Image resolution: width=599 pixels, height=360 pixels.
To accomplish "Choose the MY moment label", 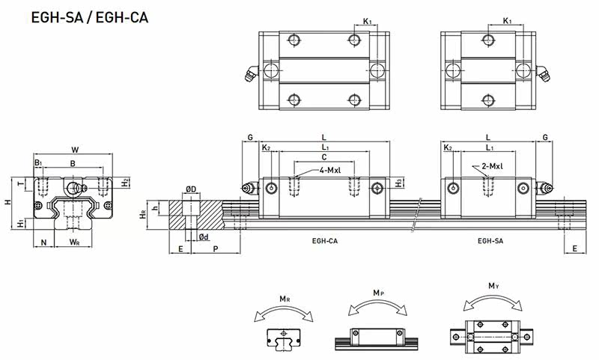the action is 493,285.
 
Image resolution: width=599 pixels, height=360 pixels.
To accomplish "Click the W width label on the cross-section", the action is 73,149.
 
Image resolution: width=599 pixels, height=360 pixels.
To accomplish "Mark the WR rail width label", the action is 74,242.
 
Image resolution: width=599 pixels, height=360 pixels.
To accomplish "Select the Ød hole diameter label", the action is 203,237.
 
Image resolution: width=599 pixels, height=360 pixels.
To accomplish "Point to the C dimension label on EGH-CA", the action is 323,158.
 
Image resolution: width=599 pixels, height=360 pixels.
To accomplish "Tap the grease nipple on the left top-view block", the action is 248,73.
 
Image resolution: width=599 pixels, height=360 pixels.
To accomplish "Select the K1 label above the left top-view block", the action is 368,22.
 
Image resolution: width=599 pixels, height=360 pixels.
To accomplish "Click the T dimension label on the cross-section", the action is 21,183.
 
